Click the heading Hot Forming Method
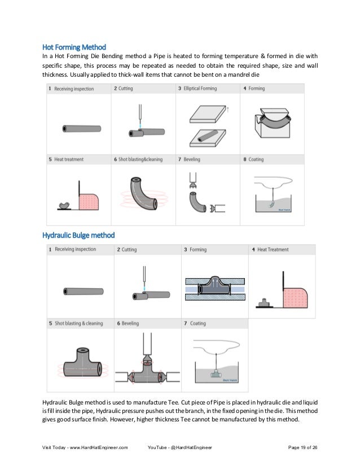pyautogui.click(x=74, y=46)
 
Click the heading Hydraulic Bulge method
pyautogui.click(x=78, y=235)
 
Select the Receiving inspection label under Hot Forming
pyautogui.click(x=73, y=89)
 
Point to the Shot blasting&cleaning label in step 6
pyautogui.click(x=140, y=160)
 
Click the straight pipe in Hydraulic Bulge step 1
pyautogui.click(x=79, y=291)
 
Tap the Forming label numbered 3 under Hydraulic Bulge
pyautogui.click(x=198, y=249)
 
